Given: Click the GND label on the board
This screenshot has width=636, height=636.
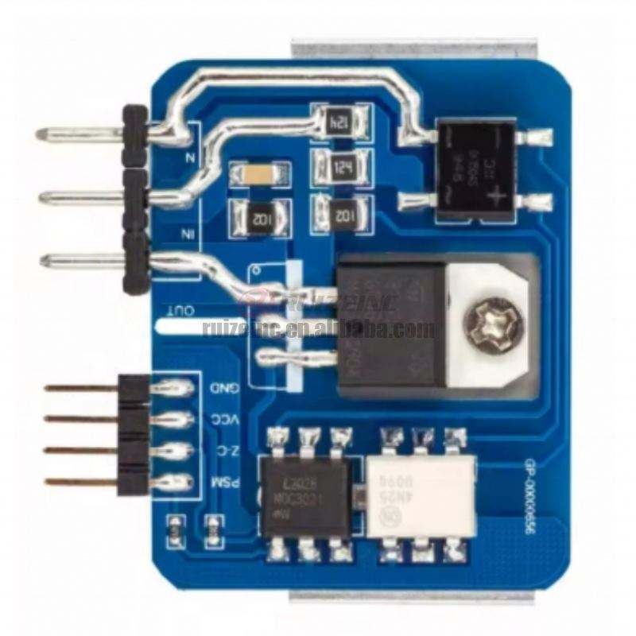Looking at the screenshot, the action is click(x=220, y=388).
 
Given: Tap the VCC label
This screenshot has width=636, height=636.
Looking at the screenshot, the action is click(x=220, y=419).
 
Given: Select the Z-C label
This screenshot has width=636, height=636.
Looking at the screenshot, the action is click(x=220, y=451).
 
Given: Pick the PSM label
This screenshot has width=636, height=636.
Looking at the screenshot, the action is click(x=220, y=482).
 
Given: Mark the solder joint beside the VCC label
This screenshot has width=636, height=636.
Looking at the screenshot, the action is click(x=176, y=419).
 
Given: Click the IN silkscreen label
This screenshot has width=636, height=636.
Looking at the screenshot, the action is click(x=188, y=233).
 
